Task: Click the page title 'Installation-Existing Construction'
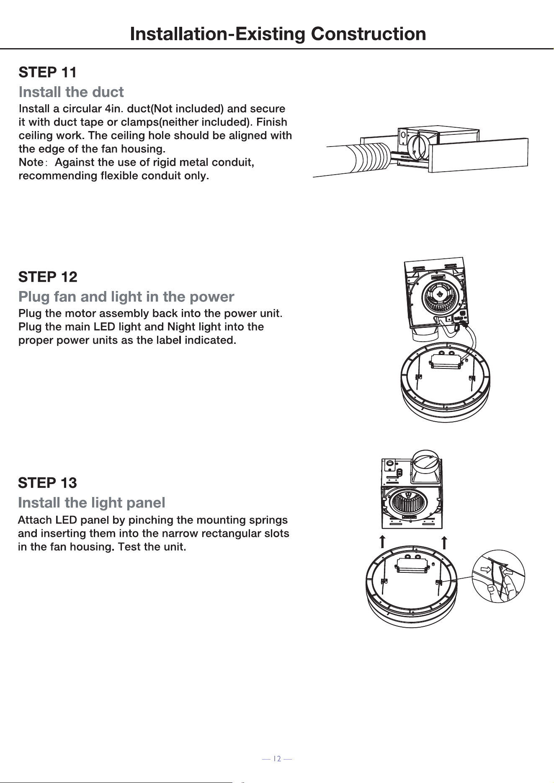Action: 278,34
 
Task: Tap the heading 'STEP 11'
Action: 48,72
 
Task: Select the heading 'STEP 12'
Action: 48,277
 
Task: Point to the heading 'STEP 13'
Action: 47,483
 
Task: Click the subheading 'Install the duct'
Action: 71,92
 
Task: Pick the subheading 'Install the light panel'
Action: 92,502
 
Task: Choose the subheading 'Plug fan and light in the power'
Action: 126,297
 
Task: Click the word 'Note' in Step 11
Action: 31,162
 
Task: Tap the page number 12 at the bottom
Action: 277,759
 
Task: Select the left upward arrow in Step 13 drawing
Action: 382,541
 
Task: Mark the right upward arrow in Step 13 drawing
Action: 445,542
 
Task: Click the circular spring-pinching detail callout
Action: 498,576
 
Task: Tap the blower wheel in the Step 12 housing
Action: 440,298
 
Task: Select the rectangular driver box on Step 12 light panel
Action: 446,362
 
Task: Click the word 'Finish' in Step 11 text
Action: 272,122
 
